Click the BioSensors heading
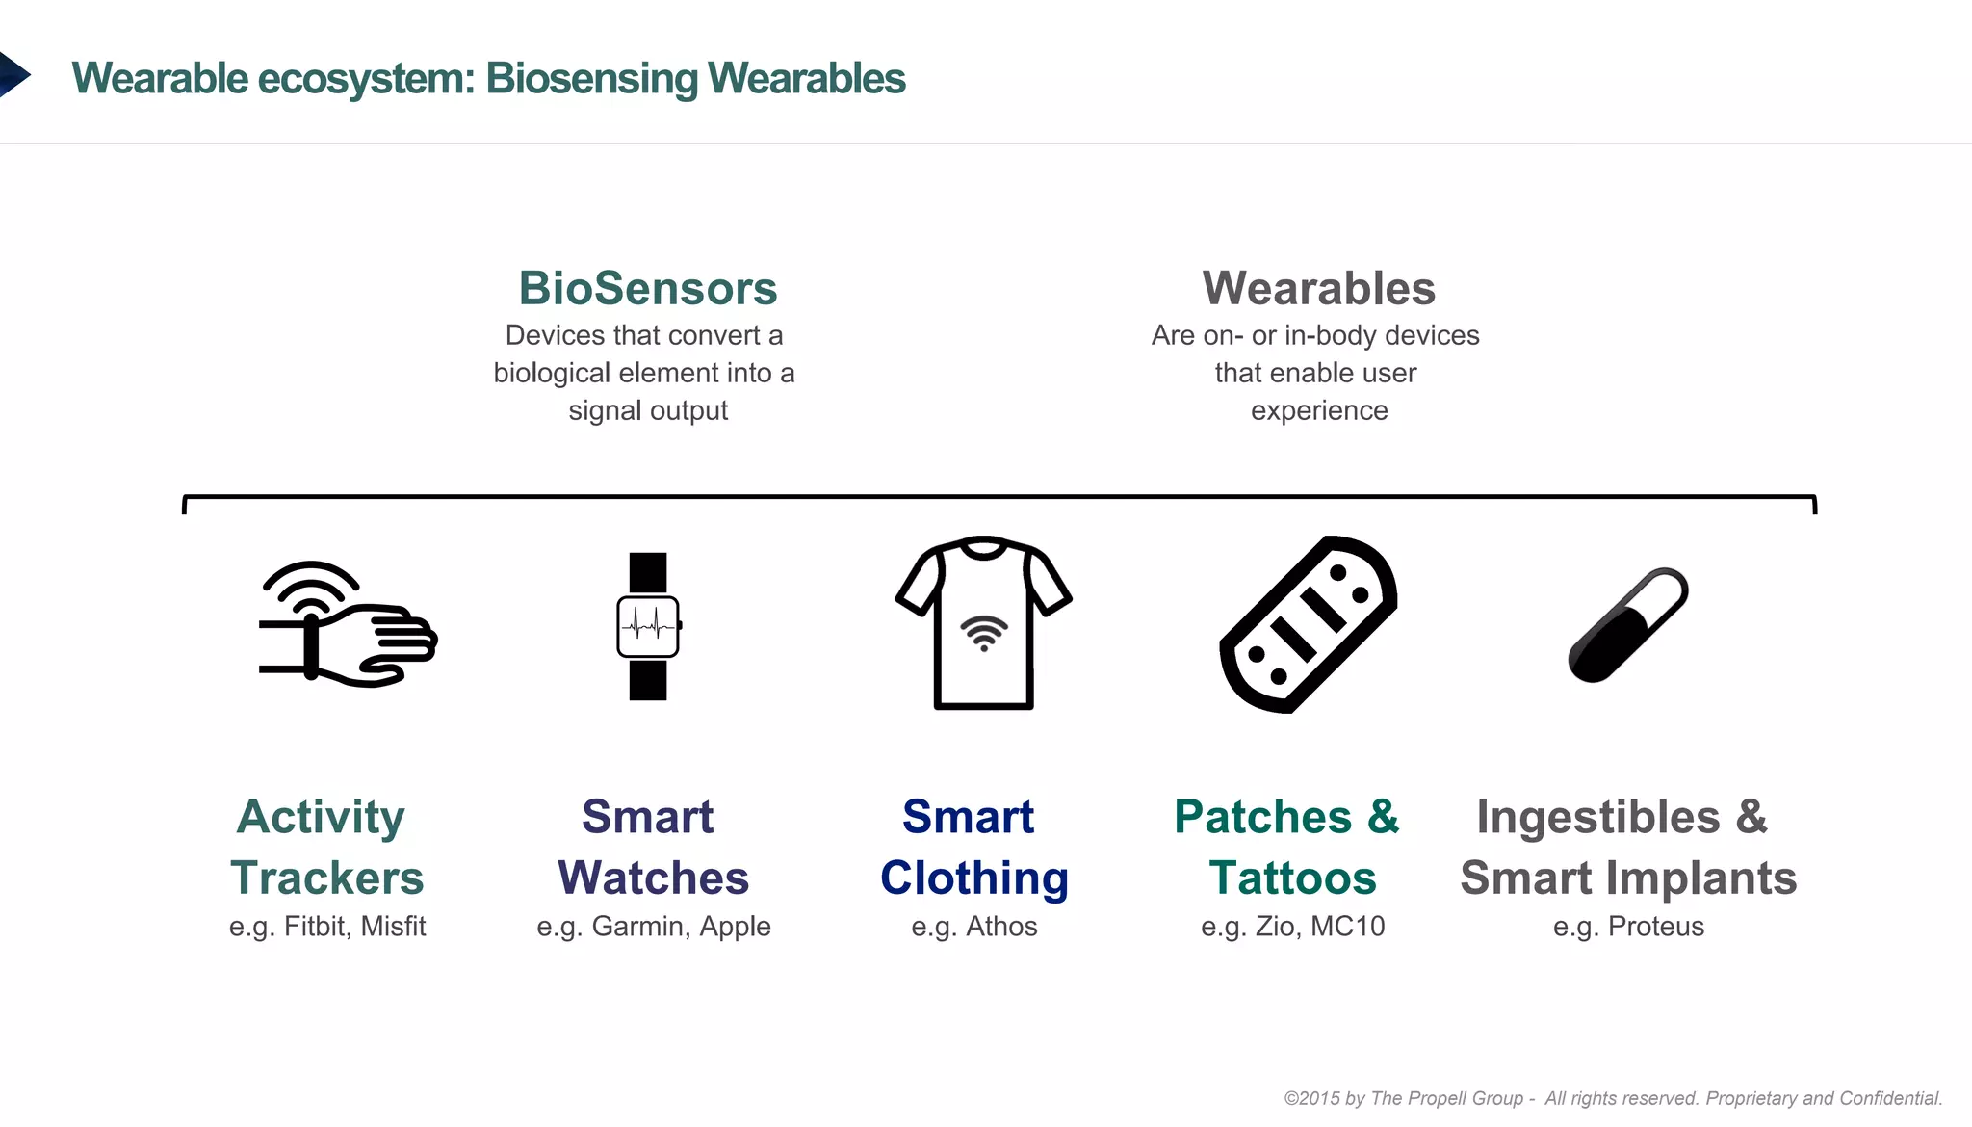[648, 288]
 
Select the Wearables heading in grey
[1318, 288]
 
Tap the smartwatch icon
[648, 626]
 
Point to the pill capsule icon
[1627, 625]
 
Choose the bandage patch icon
[1309, 624]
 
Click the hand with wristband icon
[348, 625]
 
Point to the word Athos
[1001, 927]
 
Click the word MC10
[1347, 927]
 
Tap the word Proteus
[1656, 927]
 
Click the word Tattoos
[1292, 878]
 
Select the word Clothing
[974, 878]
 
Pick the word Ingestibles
[1598, 817]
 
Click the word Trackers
[327, 878]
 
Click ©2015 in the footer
[1311, 1098]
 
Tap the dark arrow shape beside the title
[13, 75]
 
